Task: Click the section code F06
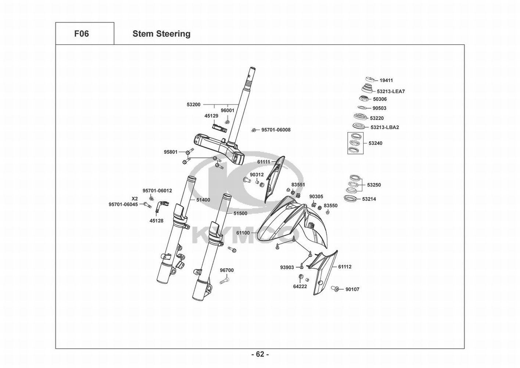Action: click(82, 34)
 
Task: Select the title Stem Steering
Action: click(161, 34)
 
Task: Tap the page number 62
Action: click(260, 354)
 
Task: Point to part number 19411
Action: click(386, 80)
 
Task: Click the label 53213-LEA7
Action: click(391, 91)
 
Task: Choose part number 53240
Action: click(375, 143)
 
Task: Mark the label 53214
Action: click(369, 199)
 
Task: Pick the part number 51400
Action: click(203, 200)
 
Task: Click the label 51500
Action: click(240, 213)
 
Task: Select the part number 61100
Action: click(243, 233)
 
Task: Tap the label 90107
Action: click(352, 289)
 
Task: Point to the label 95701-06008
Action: click(276, 130)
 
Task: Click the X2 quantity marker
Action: click(135, 198)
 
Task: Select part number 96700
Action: click(227, 270)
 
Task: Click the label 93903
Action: click(287, 267)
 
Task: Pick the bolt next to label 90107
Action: click(335, 289)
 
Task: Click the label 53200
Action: click(194, 105)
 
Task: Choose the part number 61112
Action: click(345, 267)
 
